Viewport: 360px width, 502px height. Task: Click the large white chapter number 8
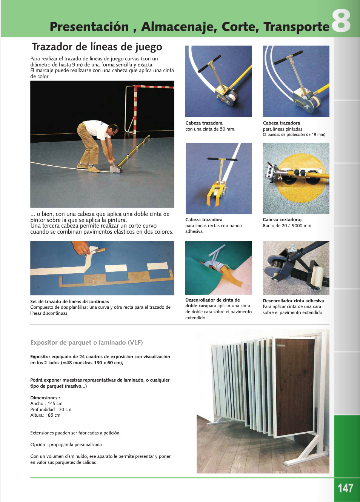(341, 21)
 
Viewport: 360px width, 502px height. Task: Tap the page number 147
(345, 488)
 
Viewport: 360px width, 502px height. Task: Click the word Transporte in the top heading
(296, 27)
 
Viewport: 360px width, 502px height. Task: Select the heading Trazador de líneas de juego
(97, 47)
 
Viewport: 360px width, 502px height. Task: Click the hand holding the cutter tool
(81, 248)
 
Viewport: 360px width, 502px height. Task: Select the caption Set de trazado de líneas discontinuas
(69, 302)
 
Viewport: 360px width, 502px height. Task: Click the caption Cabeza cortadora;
(282, 220)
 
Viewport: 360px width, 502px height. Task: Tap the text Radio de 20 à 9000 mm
(287, 226)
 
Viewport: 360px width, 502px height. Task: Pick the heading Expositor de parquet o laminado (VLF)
(86, 342)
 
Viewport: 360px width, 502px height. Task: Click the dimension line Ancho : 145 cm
(46, 403)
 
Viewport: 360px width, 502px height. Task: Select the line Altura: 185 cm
(45, 415)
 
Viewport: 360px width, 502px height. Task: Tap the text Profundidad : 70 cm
(51, 410)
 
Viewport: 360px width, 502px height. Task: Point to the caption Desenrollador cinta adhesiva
(293, 301)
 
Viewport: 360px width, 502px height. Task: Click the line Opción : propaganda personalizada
(66, 445)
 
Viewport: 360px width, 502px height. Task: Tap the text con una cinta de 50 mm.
(210, 129)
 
